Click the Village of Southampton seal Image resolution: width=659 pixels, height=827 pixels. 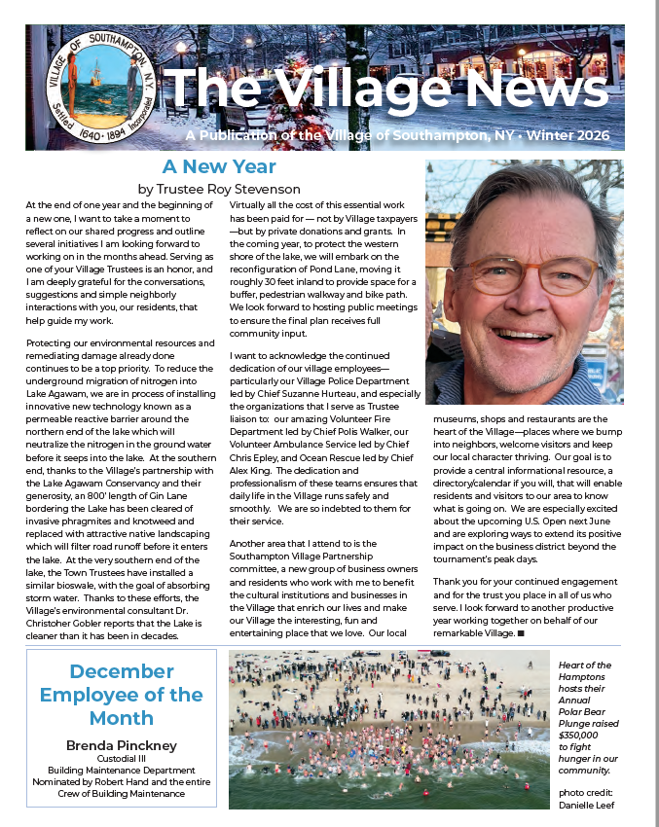(x=94, y=88)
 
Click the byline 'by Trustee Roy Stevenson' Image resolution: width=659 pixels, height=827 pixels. (x=218, y=189)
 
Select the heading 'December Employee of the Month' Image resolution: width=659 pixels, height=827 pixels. (x=122, y=695)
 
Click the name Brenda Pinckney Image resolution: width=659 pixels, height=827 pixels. (x=122, y=744)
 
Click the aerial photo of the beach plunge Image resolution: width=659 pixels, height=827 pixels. (x=389, y=729)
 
